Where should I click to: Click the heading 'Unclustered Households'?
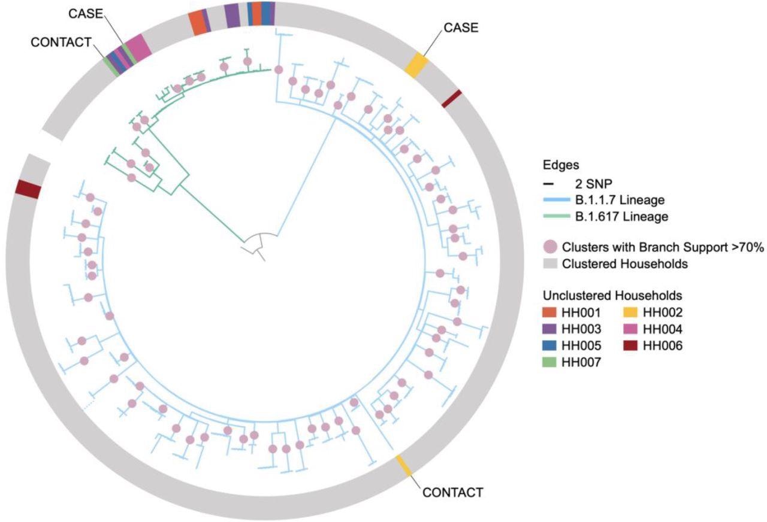click(x=612, y=296)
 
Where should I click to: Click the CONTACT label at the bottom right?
click(x=452, y=493)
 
